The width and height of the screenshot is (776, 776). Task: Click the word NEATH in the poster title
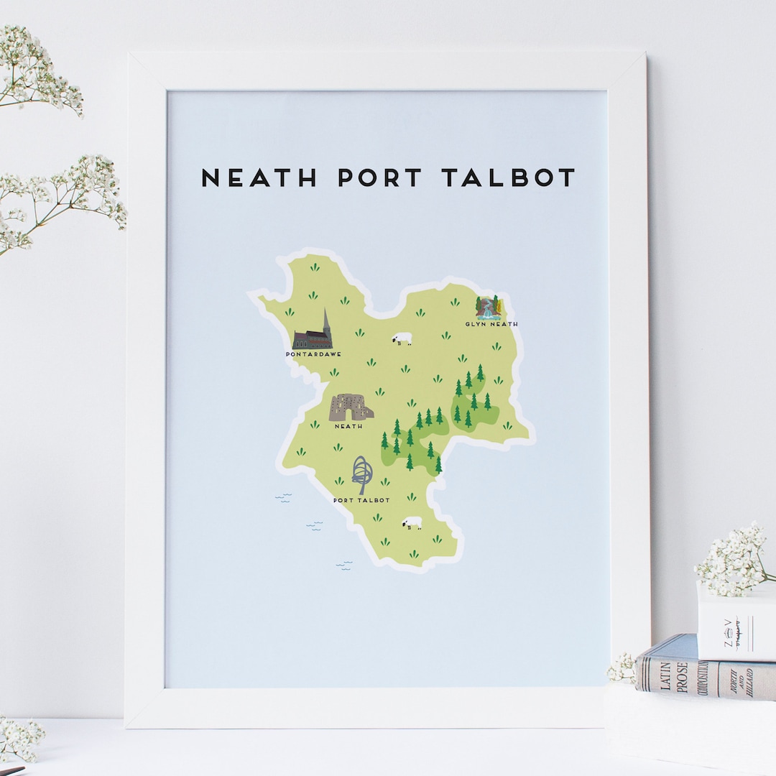259,177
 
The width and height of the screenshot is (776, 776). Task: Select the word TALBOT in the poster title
509,177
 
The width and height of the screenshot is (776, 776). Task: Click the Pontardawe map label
313,354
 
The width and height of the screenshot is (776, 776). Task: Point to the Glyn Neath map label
491,324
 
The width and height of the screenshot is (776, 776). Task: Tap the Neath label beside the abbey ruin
348,426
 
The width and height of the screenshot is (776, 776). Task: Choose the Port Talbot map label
362,500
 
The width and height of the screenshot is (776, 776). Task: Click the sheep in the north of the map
402,338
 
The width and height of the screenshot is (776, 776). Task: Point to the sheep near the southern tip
412,523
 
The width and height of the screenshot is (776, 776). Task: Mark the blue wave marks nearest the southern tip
344,565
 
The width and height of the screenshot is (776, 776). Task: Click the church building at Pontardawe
310,339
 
